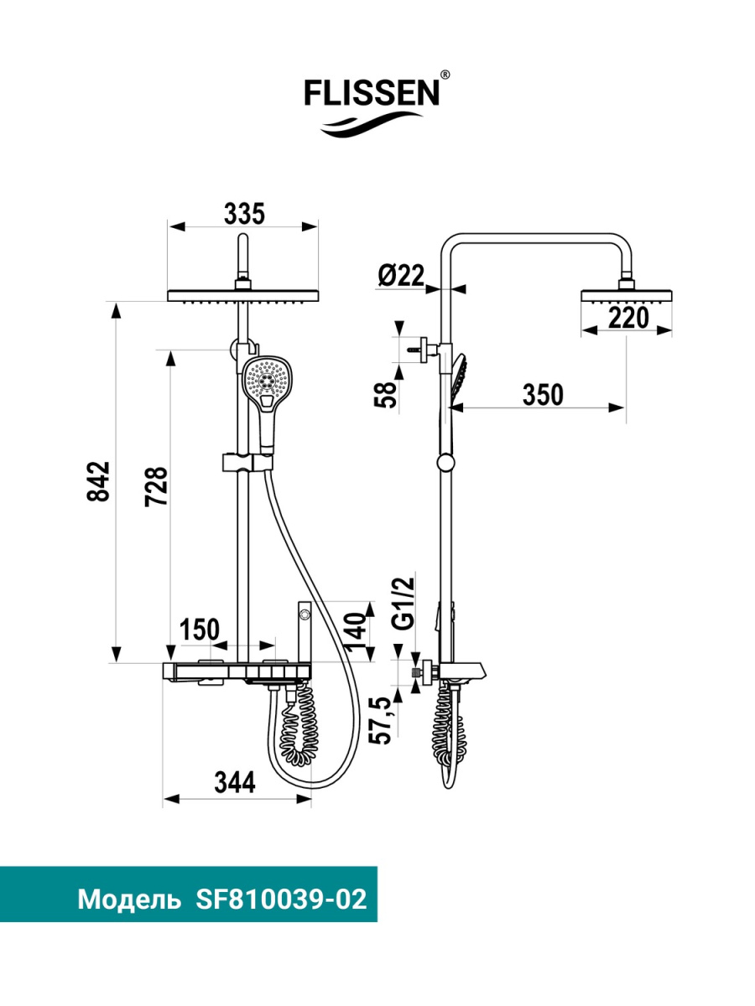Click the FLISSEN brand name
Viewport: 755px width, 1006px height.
pyautogui.click(x=372, y=93)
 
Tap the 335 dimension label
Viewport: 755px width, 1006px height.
pyautogui.click(x=244, y=214)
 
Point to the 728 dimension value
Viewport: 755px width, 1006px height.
pyautogui.click(x=157, y=486)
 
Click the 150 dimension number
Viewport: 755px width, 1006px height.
pyautogui.click(x=199, y=630)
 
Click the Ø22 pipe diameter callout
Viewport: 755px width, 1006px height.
pyautogui.click(x=401, y=276)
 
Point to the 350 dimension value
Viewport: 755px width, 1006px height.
pyautogui.click(x=543, y=395)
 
